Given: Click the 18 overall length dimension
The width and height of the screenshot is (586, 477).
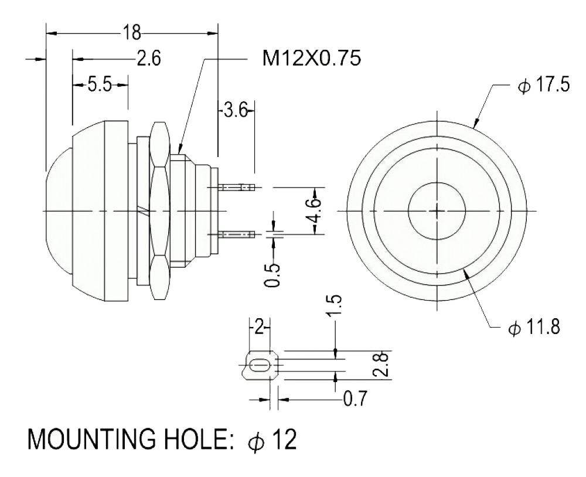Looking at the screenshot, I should [131, 33].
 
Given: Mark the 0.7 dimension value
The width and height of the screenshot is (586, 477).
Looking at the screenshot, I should [356, 401].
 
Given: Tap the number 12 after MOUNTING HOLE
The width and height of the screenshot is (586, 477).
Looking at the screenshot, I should [284, 438].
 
